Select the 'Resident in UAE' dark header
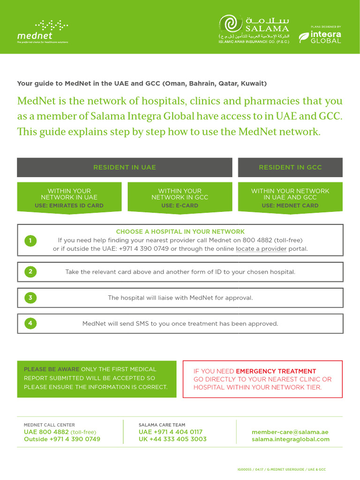pyautogui.click(x=125, y=167)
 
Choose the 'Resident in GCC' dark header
pyautogui.click(x=290, y=167)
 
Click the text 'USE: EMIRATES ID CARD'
pyautogui.click(x=69, y=206)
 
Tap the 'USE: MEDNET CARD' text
pyautogui.click(x=290, y=206)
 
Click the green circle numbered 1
pyautogui.click(x=30, y=240)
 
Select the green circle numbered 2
pyautogui.click(x=30, y=271)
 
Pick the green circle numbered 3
pyautogui.click(x=30, y=297)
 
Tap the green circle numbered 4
pyautogui.click(x=30, y=323)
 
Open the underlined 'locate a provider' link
pyautogui.click(x=261, y=249)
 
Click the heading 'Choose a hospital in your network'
pyautogui.click(x=180, y=232)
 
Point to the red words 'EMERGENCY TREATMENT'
pyautogui.click(x=276, y=371)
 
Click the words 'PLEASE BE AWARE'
pyautogui.click(x=52, y=369)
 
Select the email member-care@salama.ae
pyautogui.click(x=290, y=432)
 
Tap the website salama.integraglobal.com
pyautogui.click(x=290, y=440)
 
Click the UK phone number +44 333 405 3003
pyautogui.click(x=172, y=440)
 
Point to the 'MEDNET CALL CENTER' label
pyautogui.click(x=49, y=425)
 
